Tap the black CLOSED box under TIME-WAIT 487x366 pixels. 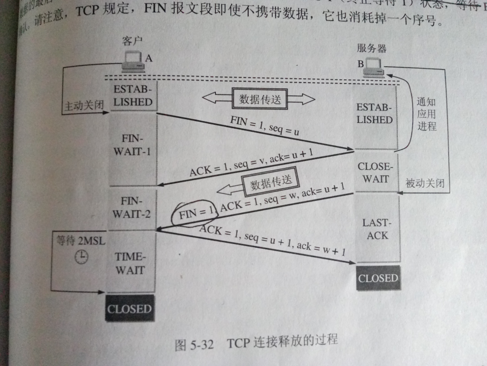(x=129, y=308)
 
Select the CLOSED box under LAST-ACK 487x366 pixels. (x=378, y=278)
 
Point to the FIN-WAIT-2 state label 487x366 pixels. (x=132, y=207)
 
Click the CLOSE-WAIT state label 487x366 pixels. (x=376, y=173)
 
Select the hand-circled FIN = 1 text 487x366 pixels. (x=195, y=213)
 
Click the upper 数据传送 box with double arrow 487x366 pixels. (x=260, y=99)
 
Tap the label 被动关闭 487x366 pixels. (x=425, y=183)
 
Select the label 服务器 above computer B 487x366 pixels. (x=371, y=49)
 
